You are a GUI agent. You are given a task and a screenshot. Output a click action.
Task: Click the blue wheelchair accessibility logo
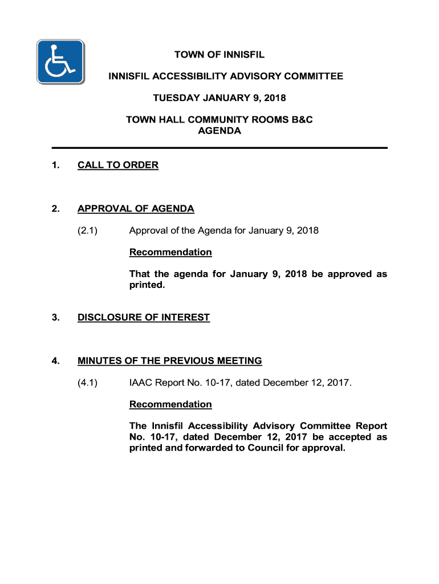[60, 62]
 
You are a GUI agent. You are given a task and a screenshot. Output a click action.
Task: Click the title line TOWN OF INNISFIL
[219, 55]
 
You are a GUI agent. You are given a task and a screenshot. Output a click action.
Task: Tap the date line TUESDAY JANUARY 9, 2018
[219, 98]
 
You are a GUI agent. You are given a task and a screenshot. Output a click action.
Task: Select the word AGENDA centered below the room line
[219, 131]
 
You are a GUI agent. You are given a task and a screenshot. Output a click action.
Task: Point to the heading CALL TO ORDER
[118, 165]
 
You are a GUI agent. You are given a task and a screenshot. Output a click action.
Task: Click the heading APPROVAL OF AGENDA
[136, 209]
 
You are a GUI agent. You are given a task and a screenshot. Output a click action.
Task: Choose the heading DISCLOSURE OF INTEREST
[144, 317]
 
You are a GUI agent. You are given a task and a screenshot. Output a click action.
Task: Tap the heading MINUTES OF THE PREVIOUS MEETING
[170, 360]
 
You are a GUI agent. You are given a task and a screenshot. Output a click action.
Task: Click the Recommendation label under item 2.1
[170, 252]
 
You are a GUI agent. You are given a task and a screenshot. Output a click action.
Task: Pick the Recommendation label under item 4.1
[170, 404]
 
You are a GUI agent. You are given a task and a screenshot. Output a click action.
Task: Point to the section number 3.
[55, 317]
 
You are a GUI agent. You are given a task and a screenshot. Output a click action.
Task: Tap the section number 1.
[55, 165]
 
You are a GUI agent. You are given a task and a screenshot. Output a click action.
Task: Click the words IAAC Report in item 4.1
[159, 382]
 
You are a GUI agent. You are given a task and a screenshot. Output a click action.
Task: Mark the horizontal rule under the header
[219, 148]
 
